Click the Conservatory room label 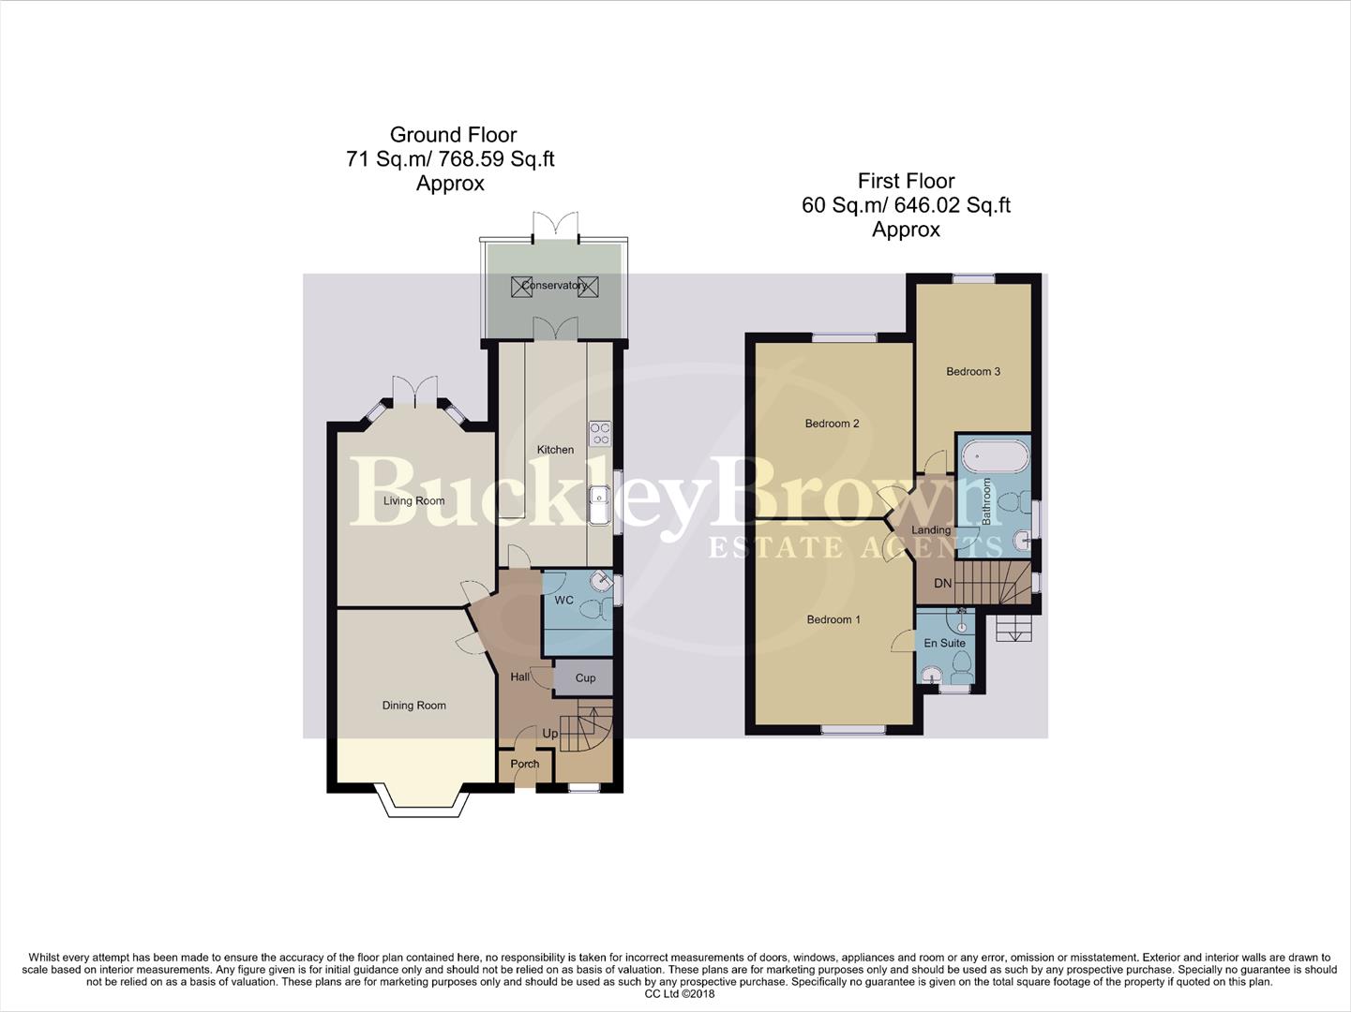[553, 285]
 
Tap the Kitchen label [555, 450]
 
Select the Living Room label [413, 500]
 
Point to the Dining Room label [413, 706]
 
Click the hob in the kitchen [599, 434]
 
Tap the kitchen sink [599, 504]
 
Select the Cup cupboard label [585, 678]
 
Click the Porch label [524, 764]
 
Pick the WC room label [563, 601]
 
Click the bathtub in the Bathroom [994, 457]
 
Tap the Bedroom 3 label [972, 372]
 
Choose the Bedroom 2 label [832, 424]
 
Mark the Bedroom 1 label [833, 619]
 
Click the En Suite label [944, 644]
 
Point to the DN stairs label [942, 584]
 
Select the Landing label [930, 530]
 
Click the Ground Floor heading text [453, 135]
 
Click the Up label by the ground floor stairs [549, 734]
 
